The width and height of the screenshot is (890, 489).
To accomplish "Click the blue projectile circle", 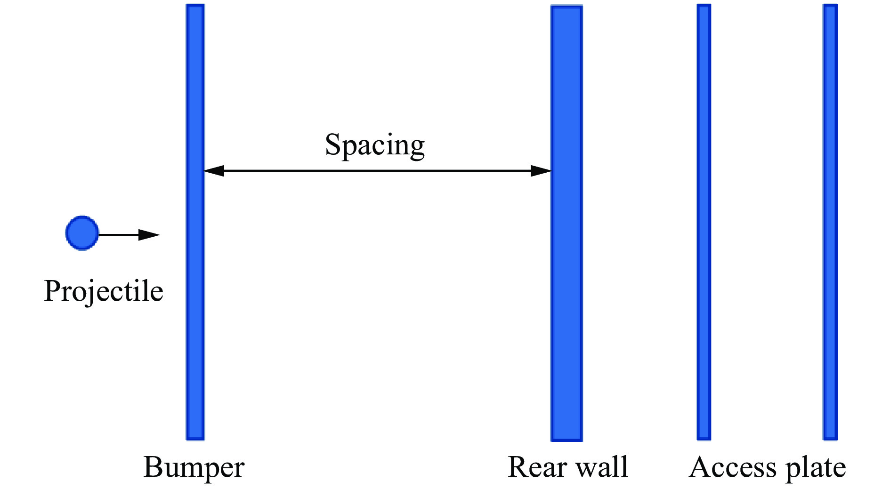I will pyautogui.click(x=82, y=233).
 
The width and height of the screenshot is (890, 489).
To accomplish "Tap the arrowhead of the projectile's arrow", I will pyautogui.click(x=149, y=234).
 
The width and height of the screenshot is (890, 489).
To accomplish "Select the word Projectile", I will pyautogui.click(x=104, y=291).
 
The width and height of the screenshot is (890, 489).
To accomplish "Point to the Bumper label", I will pyautogui.click(x=194, y=467).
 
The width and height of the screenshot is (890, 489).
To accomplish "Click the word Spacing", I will pyautogui.click(x=375, y=145).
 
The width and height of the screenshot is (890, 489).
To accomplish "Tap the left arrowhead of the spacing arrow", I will pyautogui.click(x=214, y=171).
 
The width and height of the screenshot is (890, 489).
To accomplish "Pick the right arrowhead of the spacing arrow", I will pyautogui.click(x=541, y=171).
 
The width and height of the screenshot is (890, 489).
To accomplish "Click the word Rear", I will pyautogui.click(x=537, y=467).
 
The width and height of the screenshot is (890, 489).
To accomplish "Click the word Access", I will pyautogui.click(x=728, y=467).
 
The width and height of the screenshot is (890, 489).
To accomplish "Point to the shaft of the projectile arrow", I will pyautogui.click(x=119, y=234).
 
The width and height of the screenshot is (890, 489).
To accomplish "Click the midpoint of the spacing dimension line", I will pyautogui.click(x=377, y=171).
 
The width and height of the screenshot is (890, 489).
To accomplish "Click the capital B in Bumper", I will pyautogui.click(x=153, y=467).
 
